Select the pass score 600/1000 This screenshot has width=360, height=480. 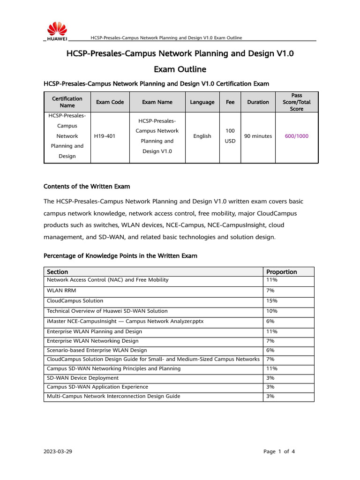(x=297, y=136)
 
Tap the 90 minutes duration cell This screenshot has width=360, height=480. (x=258, y=136)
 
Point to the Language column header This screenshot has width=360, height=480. (x=202, y=102)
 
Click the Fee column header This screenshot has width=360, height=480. (x=230, y=102)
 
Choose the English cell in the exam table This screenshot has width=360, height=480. (x=202, y=136)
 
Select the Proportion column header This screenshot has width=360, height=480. (x=282, y=272)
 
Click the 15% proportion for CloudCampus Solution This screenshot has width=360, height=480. (x=271, y=301)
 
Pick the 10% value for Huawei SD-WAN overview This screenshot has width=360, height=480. (x=272, y=311)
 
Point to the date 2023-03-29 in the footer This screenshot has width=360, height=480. (x=58, y=452)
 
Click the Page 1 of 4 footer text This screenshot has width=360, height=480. (x=279, y=452)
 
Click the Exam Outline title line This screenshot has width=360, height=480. (x=180, y=69)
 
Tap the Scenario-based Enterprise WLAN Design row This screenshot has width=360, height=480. (x=97, y=350)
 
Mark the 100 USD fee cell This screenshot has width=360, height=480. (x=230, y=136)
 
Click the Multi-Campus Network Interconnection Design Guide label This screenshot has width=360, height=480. (x=113, y=397)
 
